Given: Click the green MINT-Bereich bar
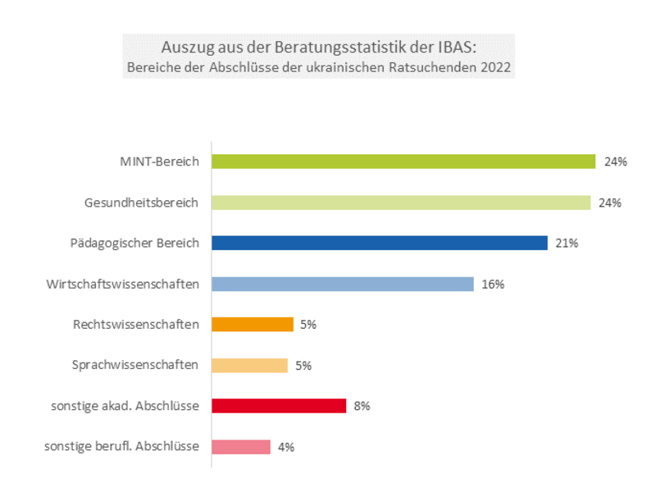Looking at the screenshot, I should click(403, 162).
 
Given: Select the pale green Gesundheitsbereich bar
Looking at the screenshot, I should click(401, 203).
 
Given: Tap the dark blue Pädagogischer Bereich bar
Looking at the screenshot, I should click(379, 243).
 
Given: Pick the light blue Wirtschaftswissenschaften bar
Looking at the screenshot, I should click(343, 284).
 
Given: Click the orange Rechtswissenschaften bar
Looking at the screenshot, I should click(253, 325).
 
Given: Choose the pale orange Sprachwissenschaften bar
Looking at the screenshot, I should click(249, 366).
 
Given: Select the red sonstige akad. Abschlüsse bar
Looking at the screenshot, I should click(279, 406).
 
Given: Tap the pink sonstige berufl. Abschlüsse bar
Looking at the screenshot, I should click(241, 447).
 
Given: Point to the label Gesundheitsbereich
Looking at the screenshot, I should click(142, 203).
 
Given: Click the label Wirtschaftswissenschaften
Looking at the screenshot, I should click(123, 284).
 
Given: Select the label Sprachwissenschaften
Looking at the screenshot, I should click(135, 366).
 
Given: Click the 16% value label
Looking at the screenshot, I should click(493, 285).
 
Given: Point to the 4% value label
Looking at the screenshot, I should click(285, 448).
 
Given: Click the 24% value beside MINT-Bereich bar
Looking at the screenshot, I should click(615, 162).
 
